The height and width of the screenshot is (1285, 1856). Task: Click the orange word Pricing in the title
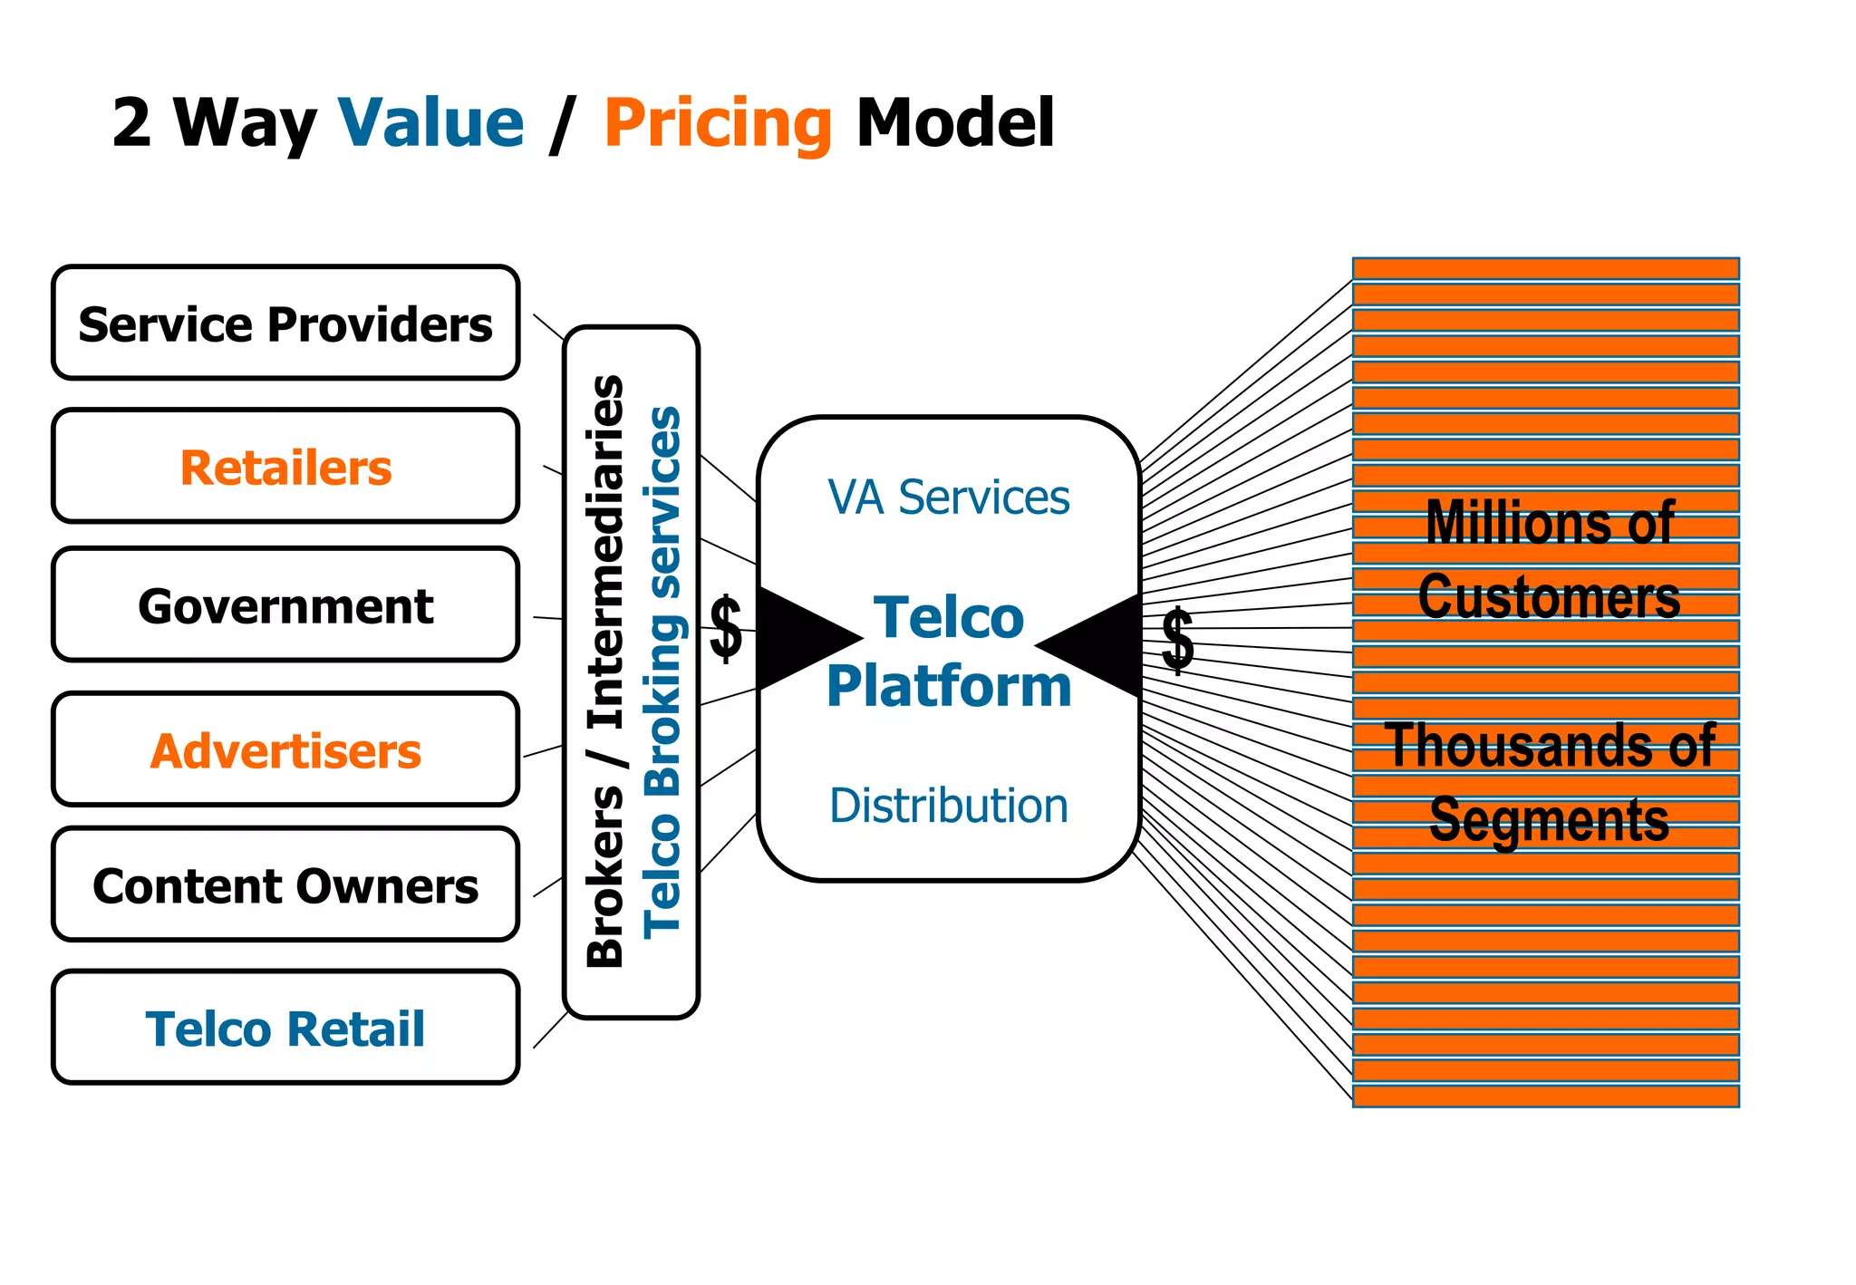[717, 124]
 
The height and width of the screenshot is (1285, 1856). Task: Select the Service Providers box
[285, 324]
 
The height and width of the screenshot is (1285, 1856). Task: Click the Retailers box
[285, 467]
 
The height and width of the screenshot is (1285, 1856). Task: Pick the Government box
[285, 605]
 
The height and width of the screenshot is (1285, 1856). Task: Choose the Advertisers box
[285, 750]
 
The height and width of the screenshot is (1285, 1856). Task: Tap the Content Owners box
[285, 885]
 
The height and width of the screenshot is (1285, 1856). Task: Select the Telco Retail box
[285, 1029]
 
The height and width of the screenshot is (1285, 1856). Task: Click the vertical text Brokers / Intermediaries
[605, 671]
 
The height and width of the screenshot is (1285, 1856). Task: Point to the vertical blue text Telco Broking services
[662, 671]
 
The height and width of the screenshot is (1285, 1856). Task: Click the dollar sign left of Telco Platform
[726, 629]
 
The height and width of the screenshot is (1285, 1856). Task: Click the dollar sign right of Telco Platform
[1177, 640]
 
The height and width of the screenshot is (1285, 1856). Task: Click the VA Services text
[948, 498]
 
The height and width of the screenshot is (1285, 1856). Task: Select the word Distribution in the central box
[948, 806]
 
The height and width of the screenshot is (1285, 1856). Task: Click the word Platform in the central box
[948, 686]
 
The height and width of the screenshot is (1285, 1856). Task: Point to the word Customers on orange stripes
[1548, 597]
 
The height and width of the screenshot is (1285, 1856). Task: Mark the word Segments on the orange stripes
[1548, 819]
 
